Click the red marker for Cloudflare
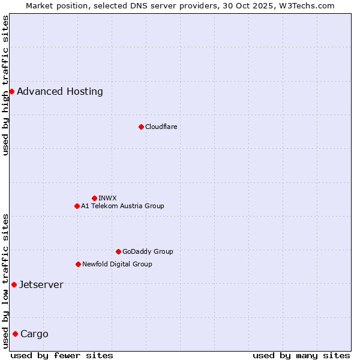point(141,127)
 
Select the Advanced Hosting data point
point(11,91)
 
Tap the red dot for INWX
point(94,198)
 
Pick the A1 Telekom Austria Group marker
point(77,206)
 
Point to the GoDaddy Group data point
point(118,251)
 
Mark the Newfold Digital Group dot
point(78,264)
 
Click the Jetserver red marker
point(14,284)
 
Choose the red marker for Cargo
point(15,334)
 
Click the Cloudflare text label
point(161,127)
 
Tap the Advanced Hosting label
point(60,91)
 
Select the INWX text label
point(107,198)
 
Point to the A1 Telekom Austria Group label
point(122,206)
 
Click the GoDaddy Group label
point(148,251)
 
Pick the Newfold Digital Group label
point(117,264)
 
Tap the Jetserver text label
point(41,284)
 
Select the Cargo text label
point(34,334)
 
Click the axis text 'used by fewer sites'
point(62,355)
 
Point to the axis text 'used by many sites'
point(301,355)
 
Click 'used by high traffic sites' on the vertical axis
point(5,85)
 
